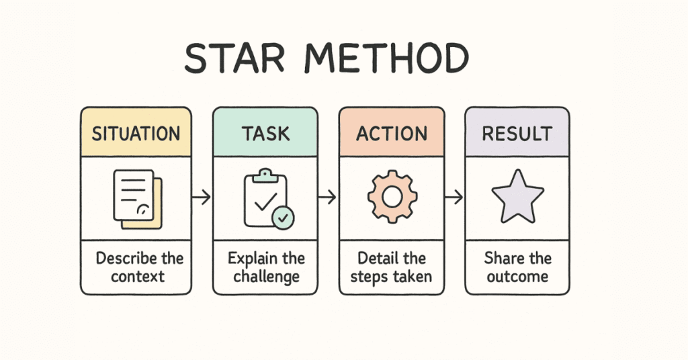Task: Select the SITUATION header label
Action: [x=136, y=133]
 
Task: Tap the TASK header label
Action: [x=265, y=133]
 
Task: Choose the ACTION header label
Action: [x=392, y=133]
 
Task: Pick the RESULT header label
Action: [x=517, y=133]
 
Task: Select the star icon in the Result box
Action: [x=517, y=196]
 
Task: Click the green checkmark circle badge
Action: [x=282, y=217]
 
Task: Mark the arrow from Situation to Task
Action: [x=201, y=197]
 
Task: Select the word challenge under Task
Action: [x=266, y=276]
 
